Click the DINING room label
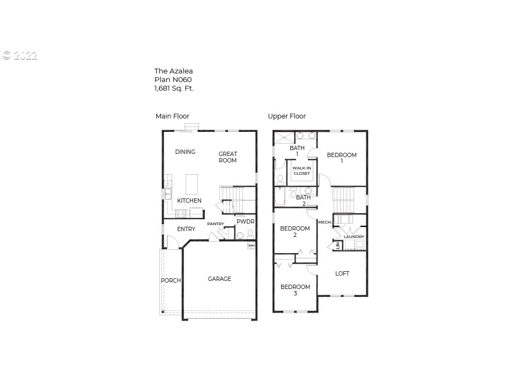tap(185, 152)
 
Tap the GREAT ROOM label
tap(227, 157)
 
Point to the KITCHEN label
tap(189, 201)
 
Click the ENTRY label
tap(186, 229)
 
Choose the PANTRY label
tap(216, 224)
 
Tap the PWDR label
tap(245, 221)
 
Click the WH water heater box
tap(251, 246)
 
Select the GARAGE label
tap(219, 279)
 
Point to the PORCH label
tap(171, 280)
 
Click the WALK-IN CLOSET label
tap(301, 170)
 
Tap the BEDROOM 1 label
tap(342, 158)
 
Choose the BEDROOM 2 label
tap(295, 232)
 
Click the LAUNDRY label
tap(354, 236)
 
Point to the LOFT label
tap(342, 273)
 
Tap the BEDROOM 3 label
tap(295, 290)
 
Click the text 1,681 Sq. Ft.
tap(174, 88)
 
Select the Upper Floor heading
tap(287, 116)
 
